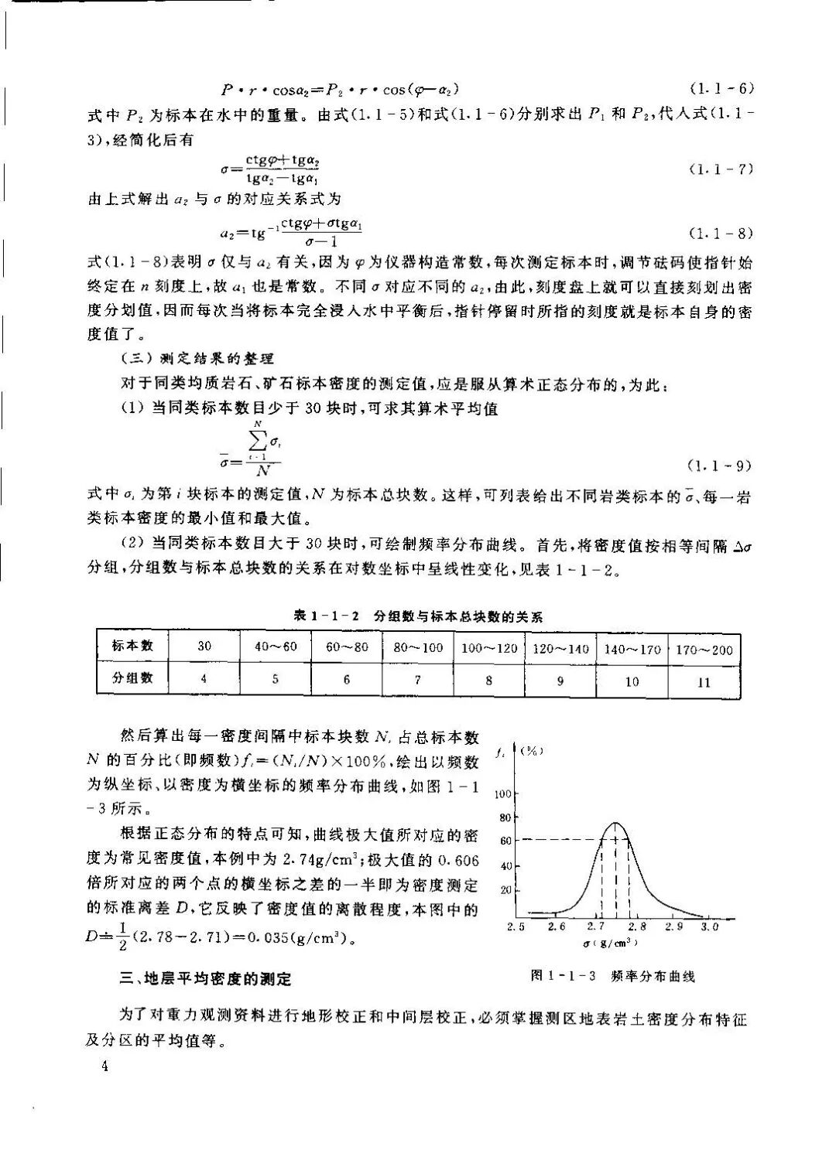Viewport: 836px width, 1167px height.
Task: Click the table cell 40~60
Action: (276, 646)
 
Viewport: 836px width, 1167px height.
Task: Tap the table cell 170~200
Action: (704, 648)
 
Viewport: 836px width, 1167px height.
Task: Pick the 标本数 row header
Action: (132, 646)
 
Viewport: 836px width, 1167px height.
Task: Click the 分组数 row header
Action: (132, 678)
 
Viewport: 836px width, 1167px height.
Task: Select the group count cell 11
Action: (704, 681)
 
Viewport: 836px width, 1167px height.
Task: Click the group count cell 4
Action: (204, 679)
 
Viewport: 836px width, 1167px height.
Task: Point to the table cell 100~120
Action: (489, 647)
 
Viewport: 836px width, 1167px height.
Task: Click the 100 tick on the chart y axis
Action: (502, 794)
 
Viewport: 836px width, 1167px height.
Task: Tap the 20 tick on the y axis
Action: (507, 890)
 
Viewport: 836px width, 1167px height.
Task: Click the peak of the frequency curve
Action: (615, 823)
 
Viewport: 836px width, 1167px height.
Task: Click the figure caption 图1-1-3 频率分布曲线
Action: (612, 976)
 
